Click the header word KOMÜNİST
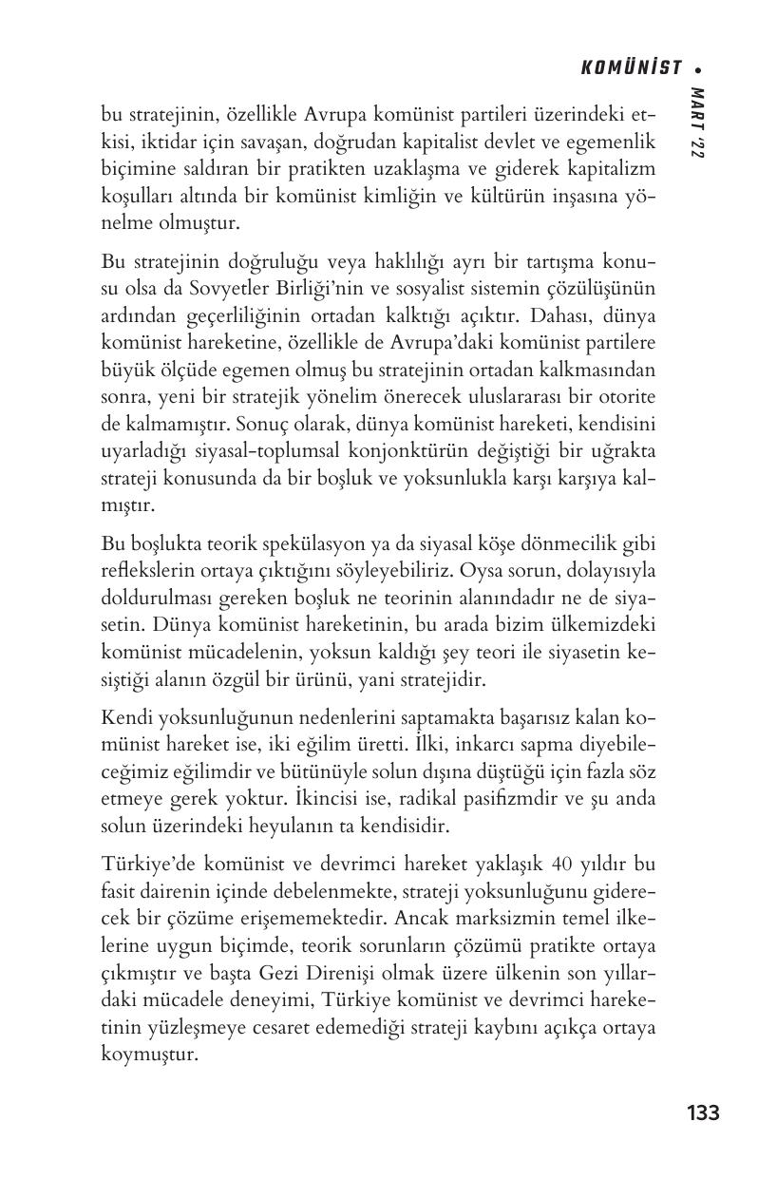click(631, 68)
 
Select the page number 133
click(703, 1112)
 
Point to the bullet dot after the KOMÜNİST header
click(698, 69)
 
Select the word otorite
click(628, 394)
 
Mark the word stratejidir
click(443, 680)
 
